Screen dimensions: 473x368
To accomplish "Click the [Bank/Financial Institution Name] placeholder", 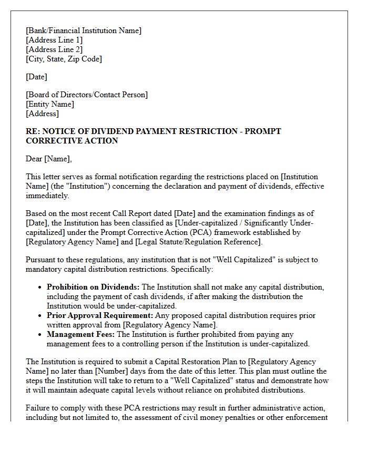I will coord(84,30).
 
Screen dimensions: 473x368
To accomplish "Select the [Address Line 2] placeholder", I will coord(54,49).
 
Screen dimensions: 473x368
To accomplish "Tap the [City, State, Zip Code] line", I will coord(64,59).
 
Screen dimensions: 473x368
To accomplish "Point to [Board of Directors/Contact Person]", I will coord(87,95).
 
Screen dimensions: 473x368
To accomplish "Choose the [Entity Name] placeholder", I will coord(50,104).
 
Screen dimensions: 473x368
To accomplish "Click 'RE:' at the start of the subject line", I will coord(33,131).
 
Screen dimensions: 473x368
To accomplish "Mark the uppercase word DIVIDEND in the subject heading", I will coord(124,131).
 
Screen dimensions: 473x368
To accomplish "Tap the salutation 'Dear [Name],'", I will coord(48,159).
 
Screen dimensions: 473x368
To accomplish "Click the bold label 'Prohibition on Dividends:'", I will coord(93,287).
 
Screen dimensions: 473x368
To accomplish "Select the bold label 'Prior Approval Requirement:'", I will coord(100,315).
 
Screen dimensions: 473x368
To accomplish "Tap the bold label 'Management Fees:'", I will coord(80,334).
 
